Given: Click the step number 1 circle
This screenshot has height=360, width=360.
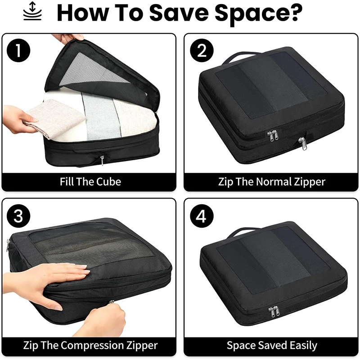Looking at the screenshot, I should pyautogui.click(x=18, y=50).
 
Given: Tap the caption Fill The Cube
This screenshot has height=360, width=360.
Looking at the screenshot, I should pyautogui.click(x=90, y=182).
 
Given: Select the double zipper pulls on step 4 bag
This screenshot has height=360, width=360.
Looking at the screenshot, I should pyautogui.click(x=273, y=311).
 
